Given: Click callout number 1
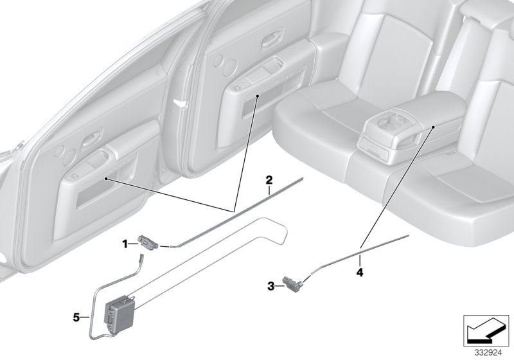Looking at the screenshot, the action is [125, 244].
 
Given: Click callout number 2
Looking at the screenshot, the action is [269, 180].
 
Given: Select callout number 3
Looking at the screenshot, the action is [270, 286].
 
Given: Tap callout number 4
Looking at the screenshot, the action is [360, 272].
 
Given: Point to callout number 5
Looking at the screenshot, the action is [76, 318].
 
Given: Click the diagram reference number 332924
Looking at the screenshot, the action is [488, 353].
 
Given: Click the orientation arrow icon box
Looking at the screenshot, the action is [486, 331].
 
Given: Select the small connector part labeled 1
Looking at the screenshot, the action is [148, 242].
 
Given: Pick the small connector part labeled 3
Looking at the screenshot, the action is [292, 283].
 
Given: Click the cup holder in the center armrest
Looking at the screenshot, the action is [393, 122].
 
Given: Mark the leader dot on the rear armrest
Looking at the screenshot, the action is [433, 127].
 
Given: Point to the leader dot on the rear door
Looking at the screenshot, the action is [258, 96].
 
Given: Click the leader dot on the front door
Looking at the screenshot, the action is [106, 179].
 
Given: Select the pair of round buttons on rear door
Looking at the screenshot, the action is [225, 62].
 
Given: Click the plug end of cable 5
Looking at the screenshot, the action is [142, 257].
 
